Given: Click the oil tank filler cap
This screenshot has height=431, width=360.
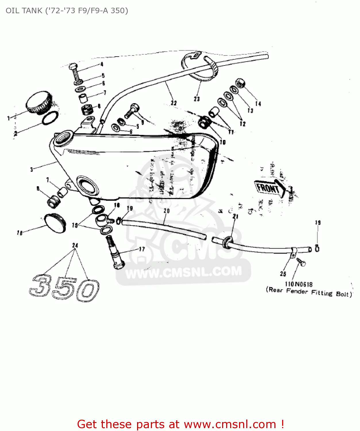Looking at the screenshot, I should click(x=39, y=102).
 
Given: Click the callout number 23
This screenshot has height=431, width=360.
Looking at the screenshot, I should click(x=197, y=99).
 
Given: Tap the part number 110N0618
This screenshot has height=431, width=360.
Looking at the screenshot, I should click(x=299, y=284).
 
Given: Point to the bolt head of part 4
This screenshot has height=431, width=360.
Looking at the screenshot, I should click(x=73, y=67).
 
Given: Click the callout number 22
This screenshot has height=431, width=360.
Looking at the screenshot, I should click(x=174, y=103).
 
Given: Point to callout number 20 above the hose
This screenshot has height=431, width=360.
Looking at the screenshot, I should click(x=167, y=211).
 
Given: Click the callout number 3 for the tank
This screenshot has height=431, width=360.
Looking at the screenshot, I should click(x=31, y=170).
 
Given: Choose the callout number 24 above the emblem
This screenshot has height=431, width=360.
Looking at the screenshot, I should click(x=75, y=245).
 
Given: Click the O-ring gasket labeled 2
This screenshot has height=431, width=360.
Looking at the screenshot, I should click(x=50, y=118).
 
